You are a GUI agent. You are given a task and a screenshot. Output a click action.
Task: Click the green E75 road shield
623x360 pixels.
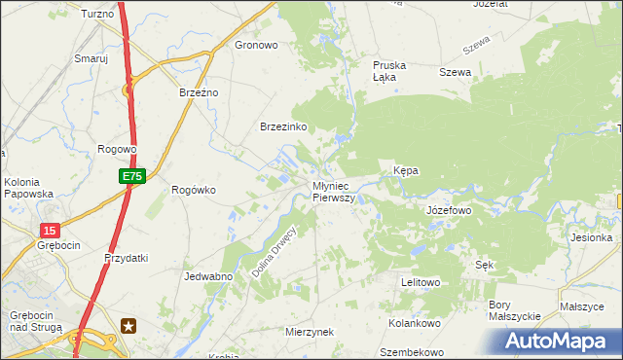click(x=133, y=176)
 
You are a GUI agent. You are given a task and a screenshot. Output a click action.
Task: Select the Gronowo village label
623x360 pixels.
click(x=257, y=45)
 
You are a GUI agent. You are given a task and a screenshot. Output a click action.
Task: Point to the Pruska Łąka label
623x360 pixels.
click(x=389, y=72)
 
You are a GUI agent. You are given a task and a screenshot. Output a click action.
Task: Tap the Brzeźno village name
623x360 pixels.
click(x=200, y=91)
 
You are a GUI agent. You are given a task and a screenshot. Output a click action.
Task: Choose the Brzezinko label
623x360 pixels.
click(x=283, y=127)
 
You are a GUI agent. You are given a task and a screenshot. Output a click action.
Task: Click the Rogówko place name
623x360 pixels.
click(x=193, y=190)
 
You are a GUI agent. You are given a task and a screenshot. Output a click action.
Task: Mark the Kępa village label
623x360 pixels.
click(x=406, y=170)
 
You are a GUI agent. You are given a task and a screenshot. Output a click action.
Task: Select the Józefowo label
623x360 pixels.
click(x=449, y=209)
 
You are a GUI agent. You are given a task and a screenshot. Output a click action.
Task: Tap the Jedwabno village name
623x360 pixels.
click(x=207, y=276)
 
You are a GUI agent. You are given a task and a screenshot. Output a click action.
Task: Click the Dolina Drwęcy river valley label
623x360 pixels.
click(x=273, y=252)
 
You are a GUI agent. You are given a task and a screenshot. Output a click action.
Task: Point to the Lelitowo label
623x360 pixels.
click(x=421, y=282)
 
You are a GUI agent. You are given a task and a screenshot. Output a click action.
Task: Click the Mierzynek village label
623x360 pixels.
click(x=310, y=331)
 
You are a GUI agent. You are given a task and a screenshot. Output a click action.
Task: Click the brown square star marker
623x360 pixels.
click(x=128, y=326)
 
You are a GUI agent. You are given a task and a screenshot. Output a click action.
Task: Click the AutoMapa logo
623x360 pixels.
click(x=560, y=342)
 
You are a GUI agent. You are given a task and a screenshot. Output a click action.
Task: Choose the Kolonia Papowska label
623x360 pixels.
click(x=28, y=187)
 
